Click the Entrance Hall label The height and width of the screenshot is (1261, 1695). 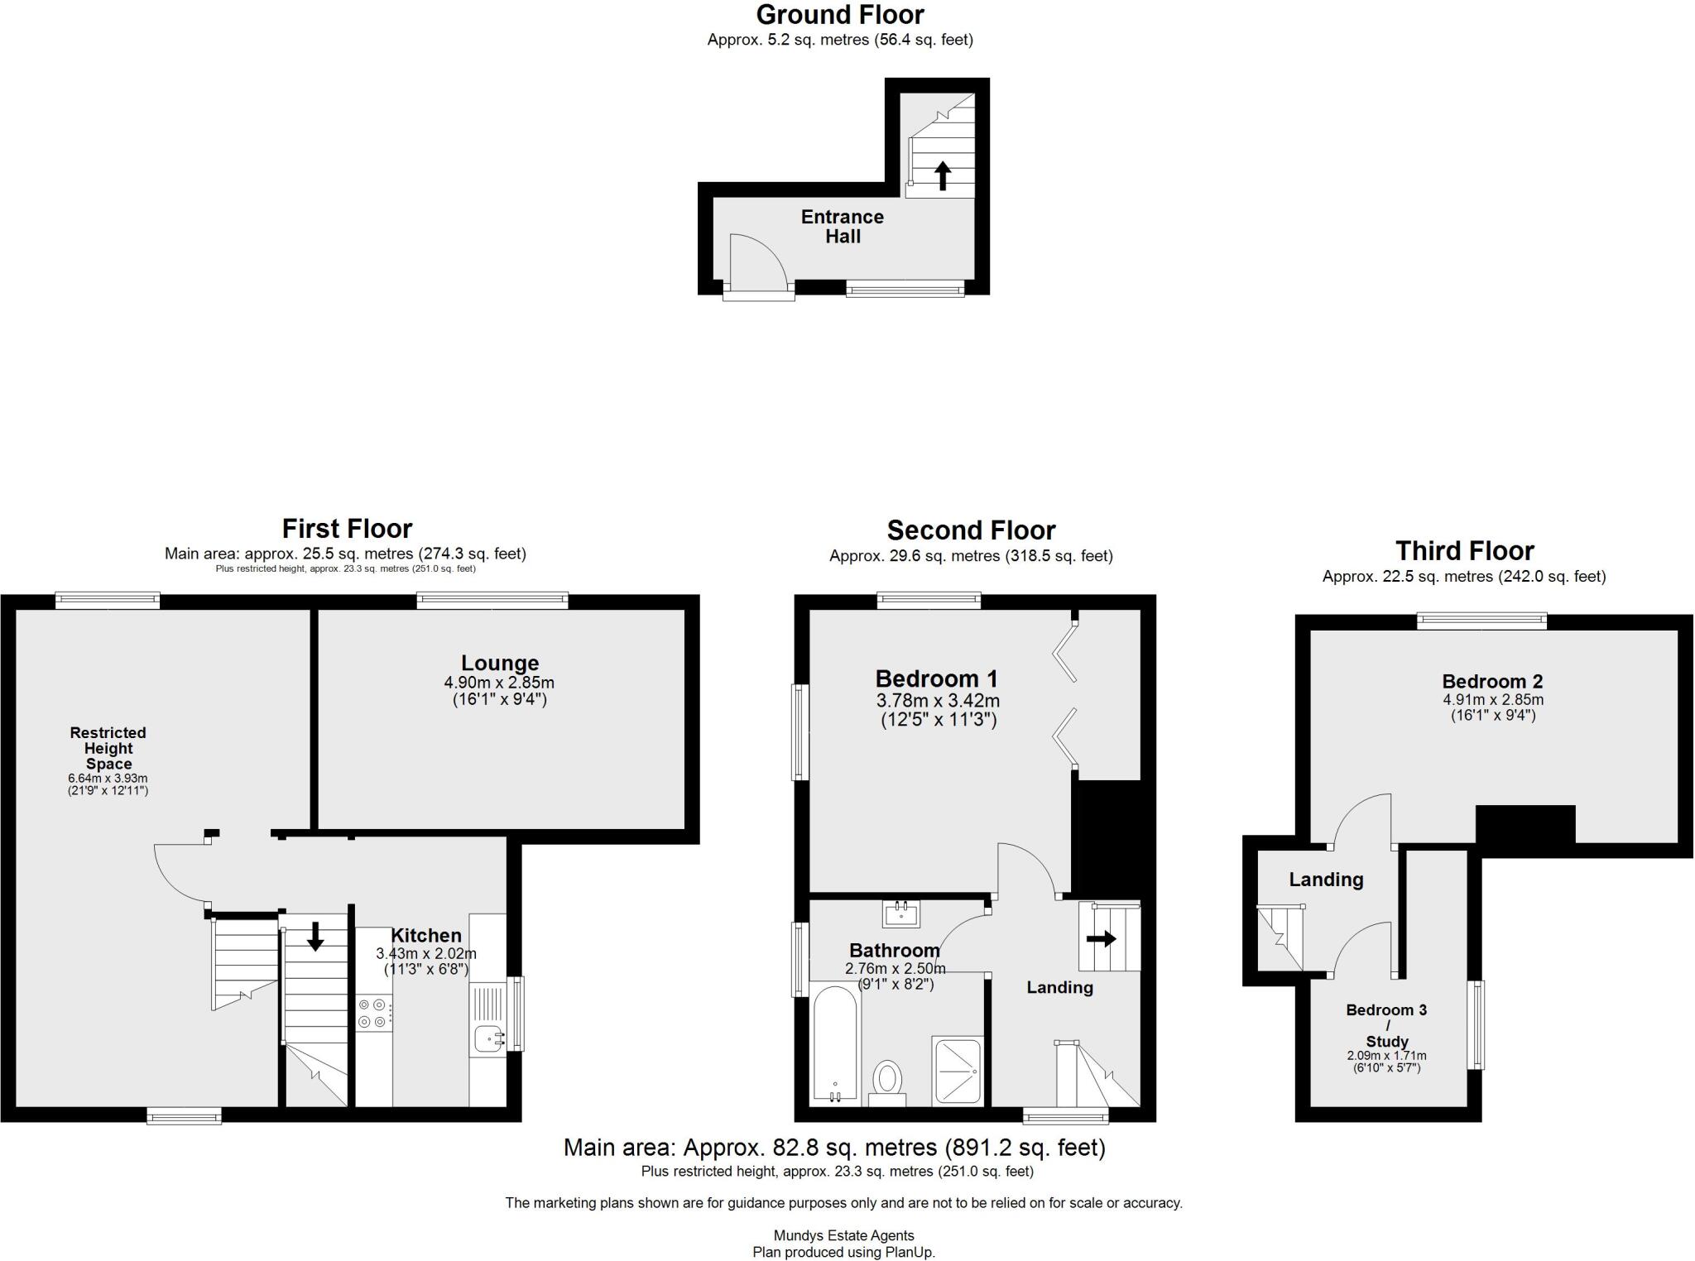point(843,227)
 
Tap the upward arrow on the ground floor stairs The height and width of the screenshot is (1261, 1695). point(942,175)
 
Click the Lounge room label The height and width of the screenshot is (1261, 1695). point(500,663)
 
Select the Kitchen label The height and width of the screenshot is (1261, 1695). point(425,936)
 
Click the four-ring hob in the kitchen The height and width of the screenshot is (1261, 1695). point(372,1014)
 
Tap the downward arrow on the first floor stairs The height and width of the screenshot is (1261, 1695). point(315,936)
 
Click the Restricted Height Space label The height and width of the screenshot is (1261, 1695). point(108,748)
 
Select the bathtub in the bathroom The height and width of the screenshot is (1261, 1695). point(835,1043)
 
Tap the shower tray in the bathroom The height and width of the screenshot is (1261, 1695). point(958,1070)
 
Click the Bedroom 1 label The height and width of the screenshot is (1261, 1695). point(937,679)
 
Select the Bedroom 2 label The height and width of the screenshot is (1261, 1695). point(1492,682)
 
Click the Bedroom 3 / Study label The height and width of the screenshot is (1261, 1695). point(1386,1025)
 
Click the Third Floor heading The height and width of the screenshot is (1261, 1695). point(1464,551)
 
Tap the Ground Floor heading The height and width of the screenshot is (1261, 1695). point(840,15)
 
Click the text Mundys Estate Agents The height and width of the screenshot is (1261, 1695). point(843,1236)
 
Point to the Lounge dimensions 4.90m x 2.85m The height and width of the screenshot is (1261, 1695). point(499,683)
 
